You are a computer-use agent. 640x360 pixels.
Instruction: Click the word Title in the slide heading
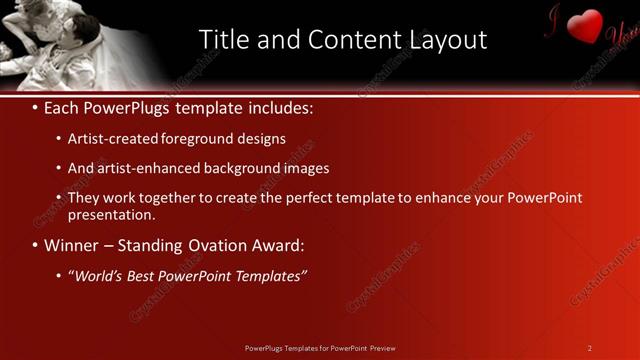point(223,40)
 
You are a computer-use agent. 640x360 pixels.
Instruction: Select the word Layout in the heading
point(447,40)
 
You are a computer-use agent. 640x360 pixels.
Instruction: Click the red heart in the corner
point(586,25)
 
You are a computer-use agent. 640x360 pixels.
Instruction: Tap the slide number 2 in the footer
point(589,348)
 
